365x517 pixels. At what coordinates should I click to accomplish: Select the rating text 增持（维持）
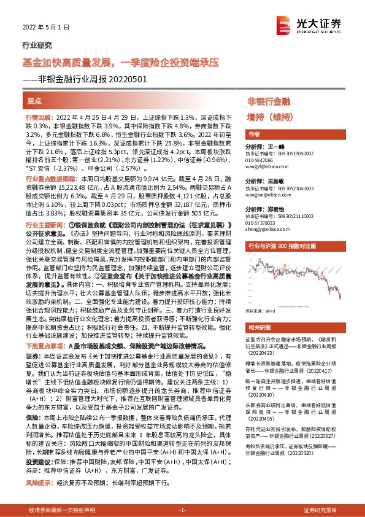269,116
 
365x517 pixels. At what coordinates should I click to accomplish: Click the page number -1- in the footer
182,510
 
